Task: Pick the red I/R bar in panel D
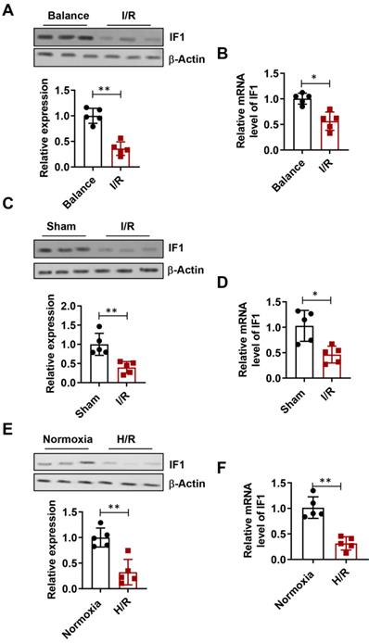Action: click(x=330, y=361)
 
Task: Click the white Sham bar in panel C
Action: click(x=97, y=361)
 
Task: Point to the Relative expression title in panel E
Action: click(x=40, y=538)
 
